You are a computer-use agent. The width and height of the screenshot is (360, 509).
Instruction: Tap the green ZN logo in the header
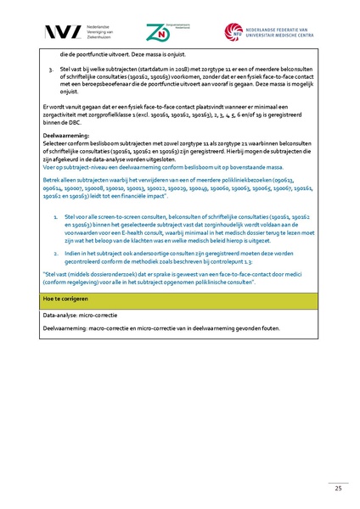pyautogui.click(x=157, y=32)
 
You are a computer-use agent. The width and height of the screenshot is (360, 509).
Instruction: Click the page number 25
pyautogui.click(x=338, y=487)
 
